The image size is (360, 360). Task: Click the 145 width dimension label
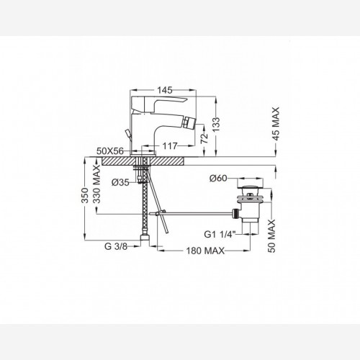click(165, 90)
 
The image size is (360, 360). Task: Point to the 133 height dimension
click(216, 125)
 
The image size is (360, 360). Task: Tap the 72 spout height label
click(204, 138)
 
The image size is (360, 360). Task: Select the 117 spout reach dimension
click(170, 145)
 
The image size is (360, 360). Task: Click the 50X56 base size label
click(110, 151)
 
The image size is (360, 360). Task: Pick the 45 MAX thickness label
click(276, 124)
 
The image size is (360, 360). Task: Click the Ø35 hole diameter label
click(120, 183)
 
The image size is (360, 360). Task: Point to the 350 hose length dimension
click(85, 195)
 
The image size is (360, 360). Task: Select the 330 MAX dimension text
click(96, 184)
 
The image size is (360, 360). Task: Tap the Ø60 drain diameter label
click(218, 178)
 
